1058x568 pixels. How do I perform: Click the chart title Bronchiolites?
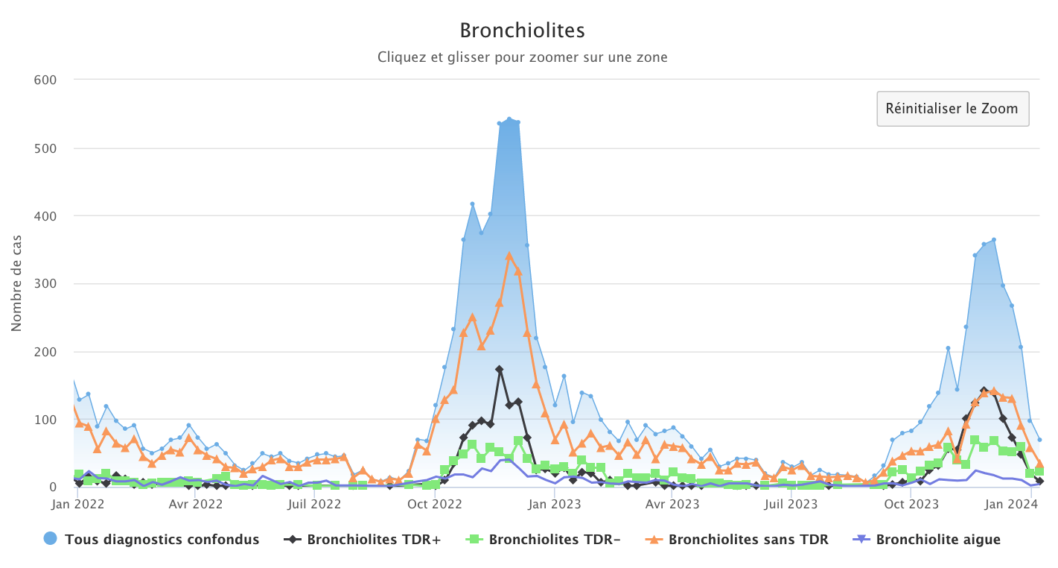point(522,31)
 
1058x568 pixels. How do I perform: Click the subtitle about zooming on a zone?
point(522,57)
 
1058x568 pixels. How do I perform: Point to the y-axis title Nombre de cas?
point(16,283)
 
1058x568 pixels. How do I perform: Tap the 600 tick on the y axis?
point(46,80)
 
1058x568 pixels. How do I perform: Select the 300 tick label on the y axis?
point(46,284)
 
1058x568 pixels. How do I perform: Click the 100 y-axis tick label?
point(46,420)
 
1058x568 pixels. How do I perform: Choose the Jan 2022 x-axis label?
point(78,504)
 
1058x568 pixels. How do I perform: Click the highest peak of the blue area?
point(509,119)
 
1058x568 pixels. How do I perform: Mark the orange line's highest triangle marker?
point(509,256)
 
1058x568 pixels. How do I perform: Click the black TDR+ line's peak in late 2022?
point(500,369)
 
